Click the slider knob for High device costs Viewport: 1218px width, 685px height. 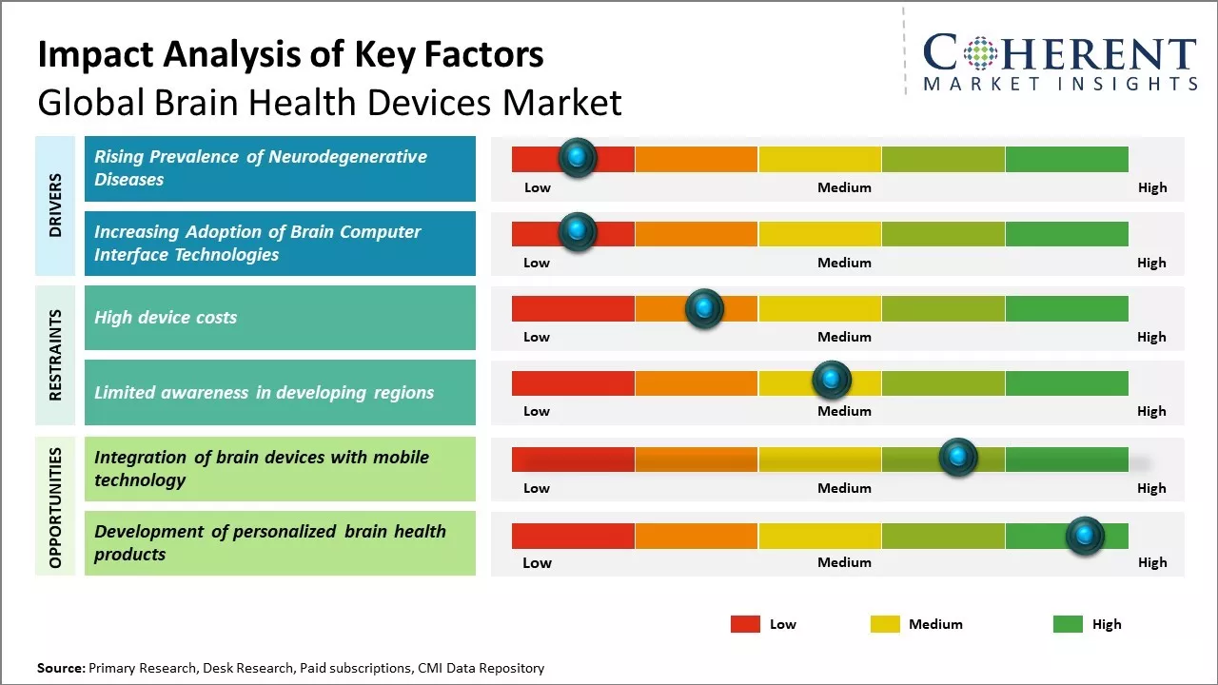tap(704, 308)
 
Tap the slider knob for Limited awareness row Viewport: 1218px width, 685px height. tap(832, 381)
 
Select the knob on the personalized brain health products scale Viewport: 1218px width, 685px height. tap(1085, 536)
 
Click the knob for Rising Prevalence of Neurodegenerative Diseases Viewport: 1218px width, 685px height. tap(578, 158)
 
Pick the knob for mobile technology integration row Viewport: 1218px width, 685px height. tap(958, 458)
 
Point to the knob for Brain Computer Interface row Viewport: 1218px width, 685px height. tap(578, 232)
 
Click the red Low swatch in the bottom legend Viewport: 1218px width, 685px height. tap(745, 624)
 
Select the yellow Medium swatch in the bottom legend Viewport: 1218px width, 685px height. tap(885, 624)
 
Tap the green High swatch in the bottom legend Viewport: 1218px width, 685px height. tap(1068, 624)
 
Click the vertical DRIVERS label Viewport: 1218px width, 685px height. tap(55, 205)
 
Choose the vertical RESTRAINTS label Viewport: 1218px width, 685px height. tap(55, 355)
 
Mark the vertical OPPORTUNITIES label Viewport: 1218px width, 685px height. tap(55, 507)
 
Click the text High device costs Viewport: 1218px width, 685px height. tap(166, 318)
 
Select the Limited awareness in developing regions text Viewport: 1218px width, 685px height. tap(264, 392)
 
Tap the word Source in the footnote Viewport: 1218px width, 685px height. tap(60, 668)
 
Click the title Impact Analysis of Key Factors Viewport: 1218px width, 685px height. tap(290, 55)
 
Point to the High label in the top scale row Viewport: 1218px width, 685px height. tap(1152, 187)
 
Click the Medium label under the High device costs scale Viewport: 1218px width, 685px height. tap(844, 337)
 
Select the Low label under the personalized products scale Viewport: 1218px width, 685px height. tap(537, 562)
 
